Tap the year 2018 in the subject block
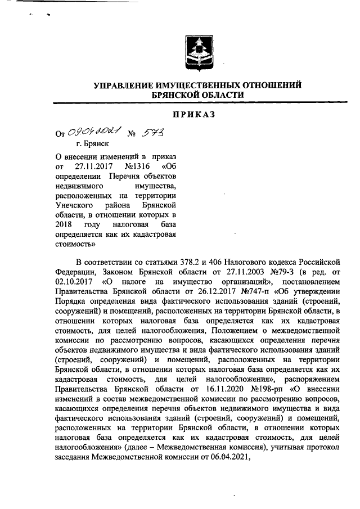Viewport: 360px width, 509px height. click(x=65, y=224)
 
